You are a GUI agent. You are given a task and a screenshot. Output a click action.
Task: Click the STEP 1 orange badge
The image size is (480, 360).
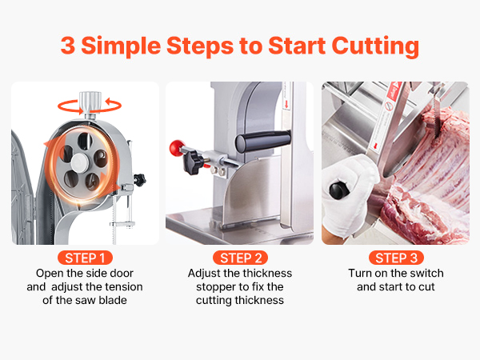(x=85, y=258)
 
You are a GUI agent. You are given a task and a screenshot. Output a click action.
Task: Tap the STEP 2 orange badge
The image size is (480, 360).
(x=240, y=258)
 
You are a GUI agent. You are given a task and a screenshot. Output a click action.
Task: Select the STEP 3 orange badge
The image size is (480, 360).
(x=396, y=258)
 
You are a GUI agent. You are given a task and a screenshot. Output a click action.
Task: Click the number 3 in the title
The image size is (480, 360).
(x=68, y=46)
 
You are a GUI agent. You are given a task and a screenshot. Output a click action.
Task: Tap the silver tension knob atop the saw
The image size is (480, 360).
(x=90, y=103)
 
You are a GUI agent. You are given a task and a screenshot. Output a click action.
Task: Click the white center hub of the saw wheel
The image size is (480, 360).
(x=79, y=162)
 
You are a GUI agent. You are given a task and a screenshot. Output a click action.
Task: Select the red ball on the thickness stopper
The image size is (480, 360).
(x=177, y=147)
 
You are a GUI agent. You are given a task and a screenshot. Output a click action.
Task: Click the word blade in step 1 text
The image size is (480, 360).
(x=113, y=300)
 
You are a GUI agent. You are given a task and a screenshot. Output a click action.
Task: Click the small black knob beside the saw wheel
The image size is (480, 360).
(x=139, y=179)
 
